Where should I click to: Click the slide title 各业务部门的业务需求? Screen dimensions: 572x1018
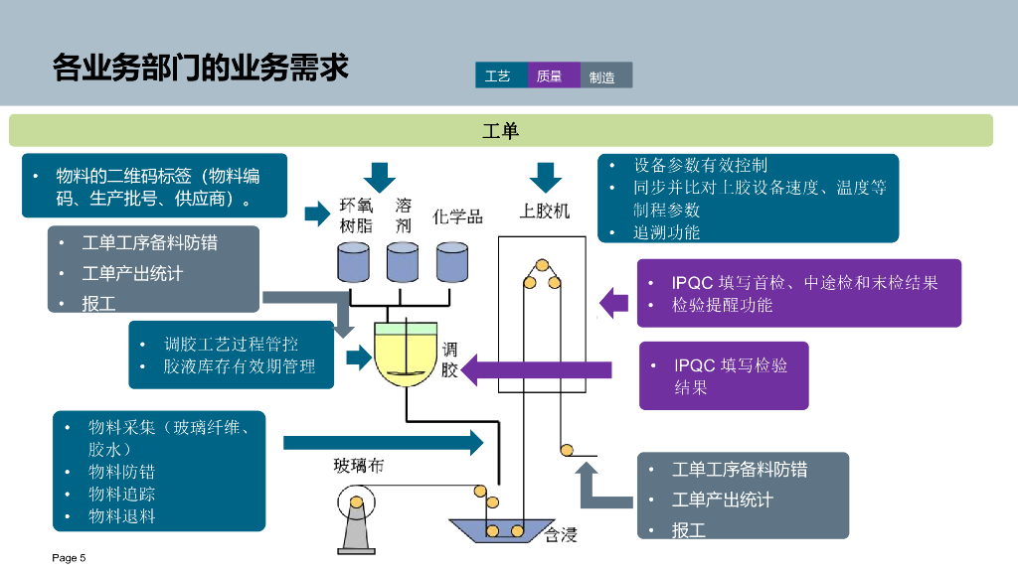(200, 69)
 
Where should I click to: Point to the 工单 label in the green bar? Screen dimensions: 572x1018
(501, 131)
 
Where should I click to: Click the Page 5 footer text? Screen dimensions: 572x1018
(69, 558)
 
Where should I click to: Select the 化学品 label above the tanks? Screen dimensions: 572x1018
(457, 215)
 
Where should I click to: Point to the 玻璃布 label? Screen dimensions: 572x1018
(358, 465)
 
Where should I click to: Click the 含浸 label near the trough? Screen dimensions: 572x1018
(561, 535)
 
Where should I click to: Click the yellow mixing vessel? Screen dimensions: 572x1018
(406, 356)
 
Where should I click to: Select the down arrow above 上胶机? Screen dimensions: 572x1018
(545, 177)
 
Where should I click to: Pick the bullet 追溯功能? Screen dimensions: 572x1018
(666, 232)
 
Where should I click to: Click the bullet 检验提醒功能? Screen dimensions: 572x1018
(722, 305)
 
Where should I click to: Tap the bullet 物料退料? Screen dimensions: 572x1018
(121, 516)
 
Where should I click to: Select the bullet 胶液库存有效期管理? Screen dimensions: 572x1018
(240, 366)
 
